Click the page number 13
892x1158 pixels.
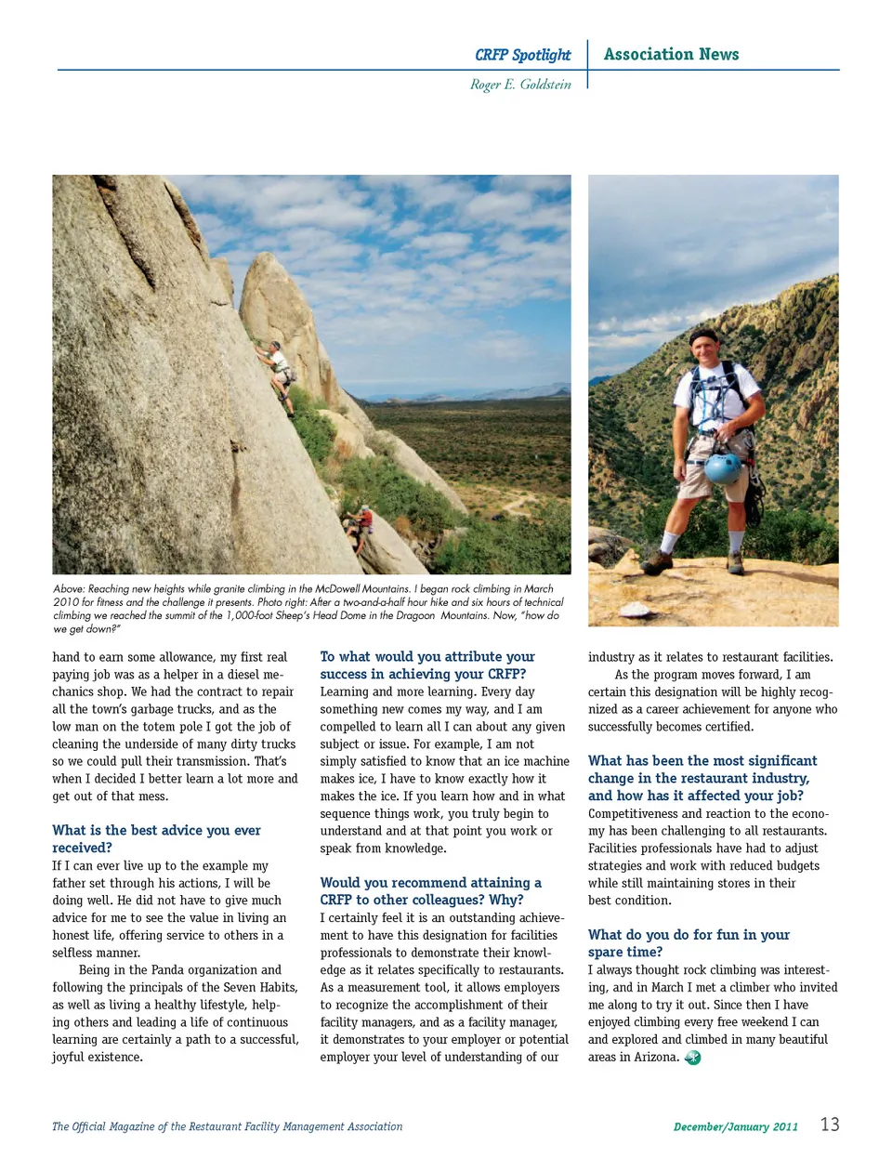point(830,1125)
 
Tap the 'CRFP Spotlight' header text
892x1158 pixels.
point(522,55)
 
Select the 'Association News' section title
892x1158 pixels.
point(671,54)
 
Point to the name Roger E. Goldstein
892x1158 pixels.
point(520,85)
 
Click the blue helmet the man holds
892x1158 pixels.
point(722,467)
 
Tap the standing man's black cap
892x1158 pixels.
point(703,335)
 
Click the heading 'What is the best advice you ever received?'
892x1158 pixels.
point(156,838)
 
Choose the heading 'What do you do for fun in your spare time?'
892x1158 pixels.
point(689,943)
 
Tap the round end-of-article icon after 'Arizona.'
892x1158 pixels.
point(692,1058)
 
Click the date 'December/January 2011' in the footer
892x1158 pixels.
point(735,1127)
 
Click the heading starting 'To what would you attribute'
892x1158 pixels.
point(427,665)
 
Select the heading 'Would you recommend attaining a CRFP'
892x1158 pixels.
point(430,890)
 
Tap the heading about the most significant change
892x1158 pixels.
point(702,778)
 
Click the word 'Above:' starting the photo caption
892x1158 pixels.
point(69,589)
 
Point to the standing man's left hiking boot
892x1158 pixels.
point(735,563)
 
